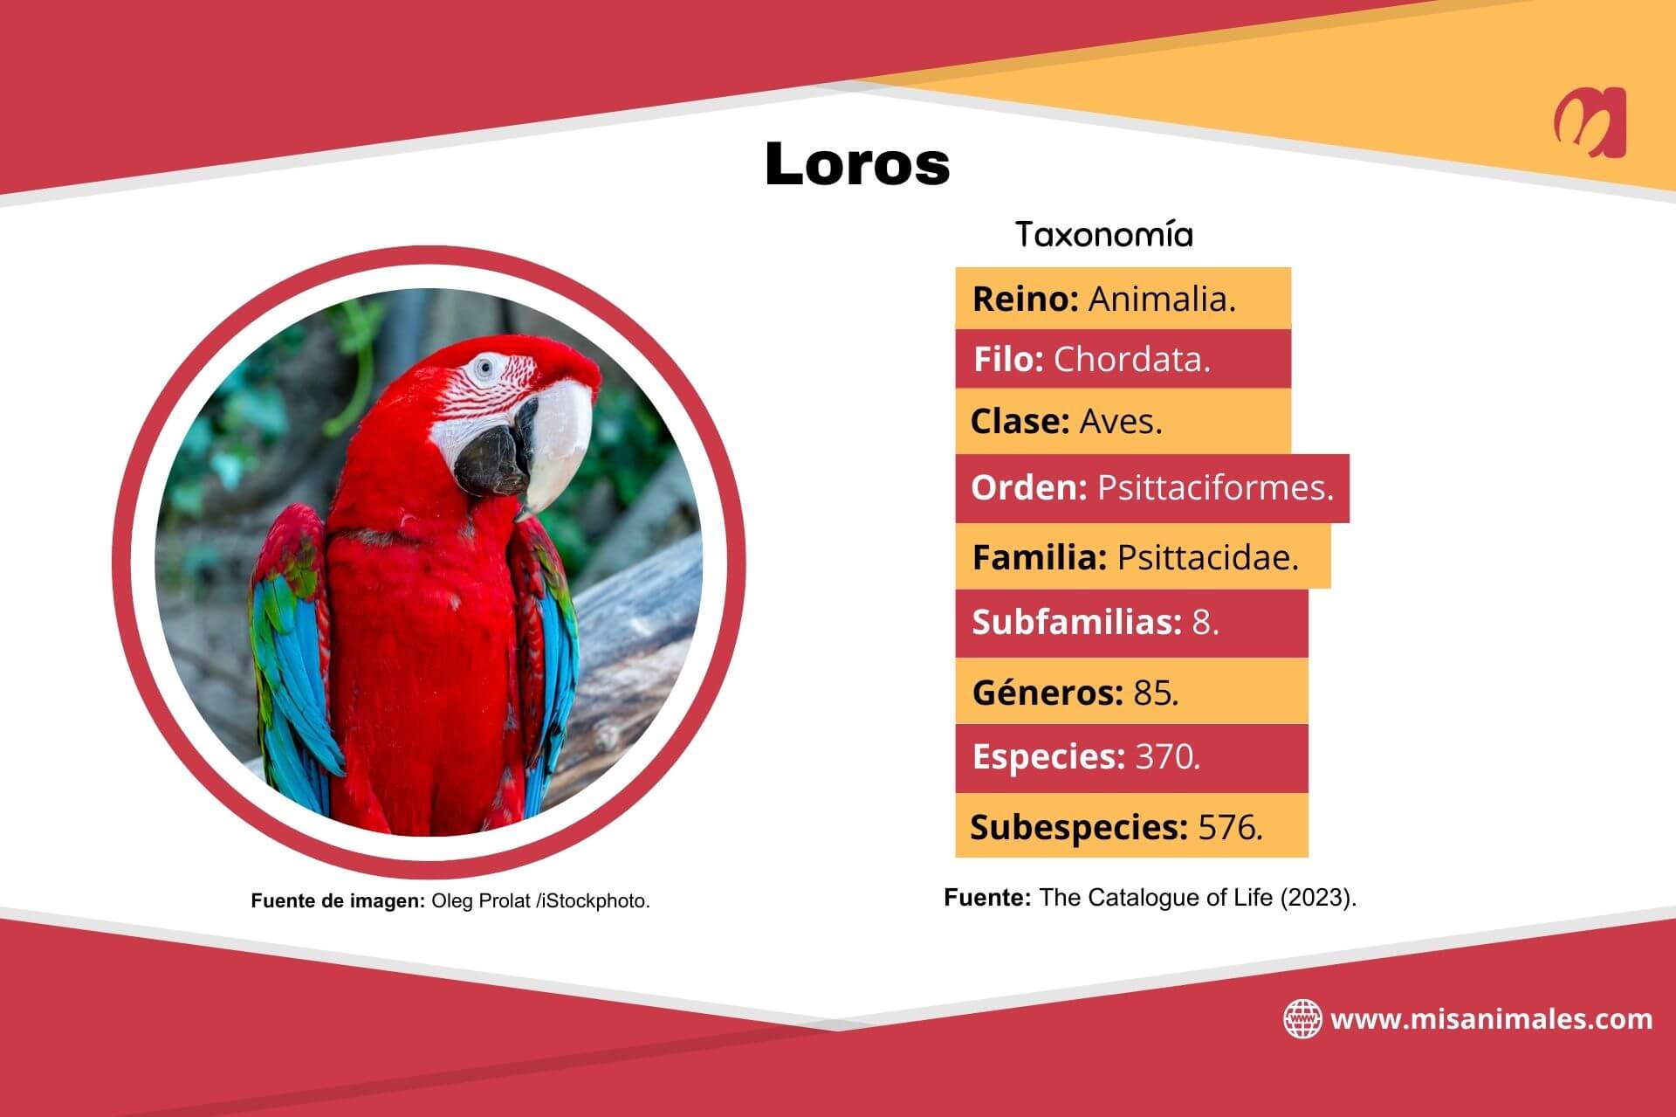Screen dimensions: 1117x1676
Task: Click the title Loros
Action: [x=857, y=163]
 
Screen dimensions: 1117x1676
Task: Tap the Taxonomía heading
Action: [x=1104, y=235]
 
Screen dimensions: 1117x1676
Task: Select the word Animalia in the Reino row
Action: [x=1161, y=300]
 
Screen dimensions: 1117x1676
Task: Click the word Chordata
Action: [x=1131, y=360]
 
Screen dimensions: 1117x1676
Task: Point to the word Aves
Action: [x=1120, y=422]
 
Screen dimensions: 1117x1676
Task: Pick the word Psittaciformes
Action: [x=1214, y=487]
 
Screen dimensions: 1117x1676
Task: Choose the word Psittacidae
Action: [x=1207, y=557]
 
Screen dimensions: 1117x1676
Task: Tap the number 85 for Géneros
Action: [x=1155, y=693]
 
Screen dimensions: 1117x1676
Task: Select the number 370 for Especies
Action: [x=1166, y=756]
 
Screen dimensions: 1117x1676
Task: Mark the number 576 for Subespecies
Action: [x=1229, y=827]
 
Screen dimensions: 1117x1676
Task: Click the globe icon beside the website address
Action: [x=1302, y=1019]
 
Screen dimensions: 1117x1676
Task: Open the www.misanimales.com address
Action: [x=1491, y=1019]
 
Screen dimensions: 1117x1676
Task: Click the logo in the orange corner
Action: [x=1590, y=123]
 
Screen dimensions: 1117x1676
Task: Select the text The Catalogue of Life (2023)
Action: [x=1197, y=898]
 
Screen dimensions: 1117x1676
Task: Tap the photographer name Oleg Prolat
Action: [x=482, y=901]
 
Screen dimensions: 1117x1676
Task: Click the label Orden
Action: [x=1028, y=487]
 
